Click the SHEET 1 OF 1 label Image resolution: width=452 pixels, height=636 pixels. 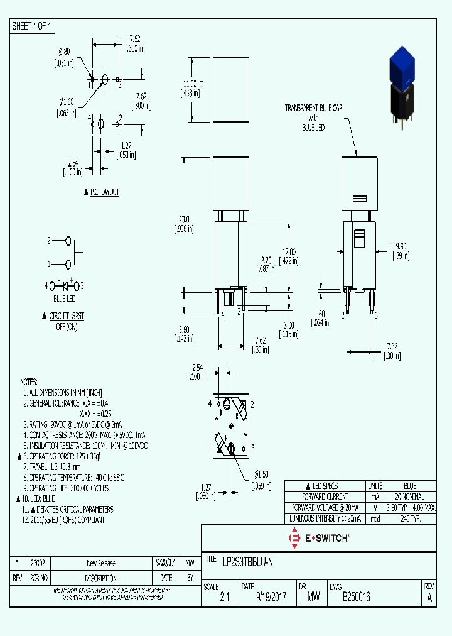(x=33, y=26)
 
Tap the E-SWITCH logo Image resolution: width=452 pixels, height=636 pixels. (x=318, y=538)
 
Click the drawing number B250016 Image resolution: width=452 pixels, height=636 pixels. (x=356, y=598)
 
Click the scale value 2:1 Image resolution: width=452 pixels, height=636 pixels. (x=225, y=598)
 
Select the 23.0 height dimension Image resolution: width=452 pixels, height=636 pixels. (x=184, y=224)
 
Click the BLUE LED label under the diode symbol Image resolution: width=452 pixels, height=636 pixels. (x=64, y=299)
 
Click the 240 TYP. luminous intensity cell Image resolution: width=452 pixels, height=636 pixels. (x=409, y=518)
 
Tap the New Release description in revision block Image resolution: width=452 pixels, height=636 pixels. (x=100, y=563)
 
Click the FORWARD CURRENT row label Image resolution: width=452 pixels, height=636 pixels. (x=324, y=496)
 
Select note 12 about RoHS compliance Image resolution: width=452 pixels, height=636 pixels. (x=63, y=520)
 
